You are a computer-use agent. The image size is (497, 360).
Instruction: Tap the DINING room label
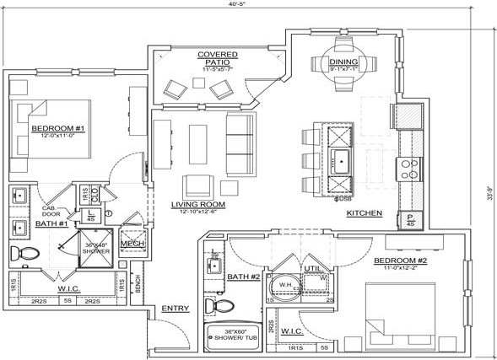click(343, 62)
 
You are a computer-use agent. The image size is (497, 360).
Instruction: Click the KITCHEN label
click(365, 213)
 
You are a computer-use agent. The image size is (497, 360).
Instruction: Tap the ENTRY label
click(175, 308)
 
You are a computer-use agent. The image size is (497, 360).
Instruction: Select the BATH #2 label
click(244, 277)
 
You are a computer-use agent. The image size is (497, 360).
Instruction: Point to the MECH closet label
click(132, 244)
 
